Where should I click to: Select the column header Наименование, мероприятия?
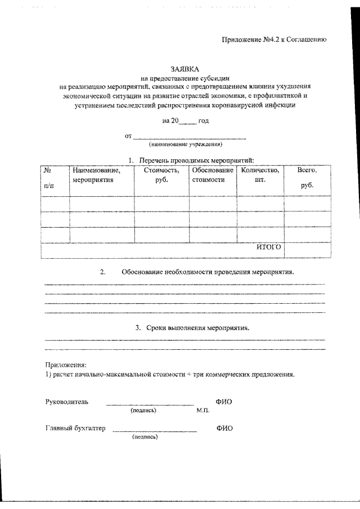click(97, 175)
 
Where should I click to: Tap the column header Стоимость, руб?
click(161, 175)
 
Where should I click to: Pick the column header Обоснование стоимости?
click(212, 175)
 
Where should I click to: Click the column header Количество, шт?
click(260, 175)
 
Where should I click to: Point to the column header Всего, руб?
click(307, 177)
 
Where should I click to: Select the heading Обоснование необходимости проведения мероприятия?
click(208, 272)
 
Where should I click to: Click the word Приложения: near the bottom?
click(62, 365)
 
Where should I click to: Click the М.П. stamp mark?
click(203, 411)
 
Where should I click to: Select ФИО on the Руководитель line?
click(224, 402)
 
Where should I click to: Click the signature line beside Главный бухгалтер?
click(155, 431)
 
